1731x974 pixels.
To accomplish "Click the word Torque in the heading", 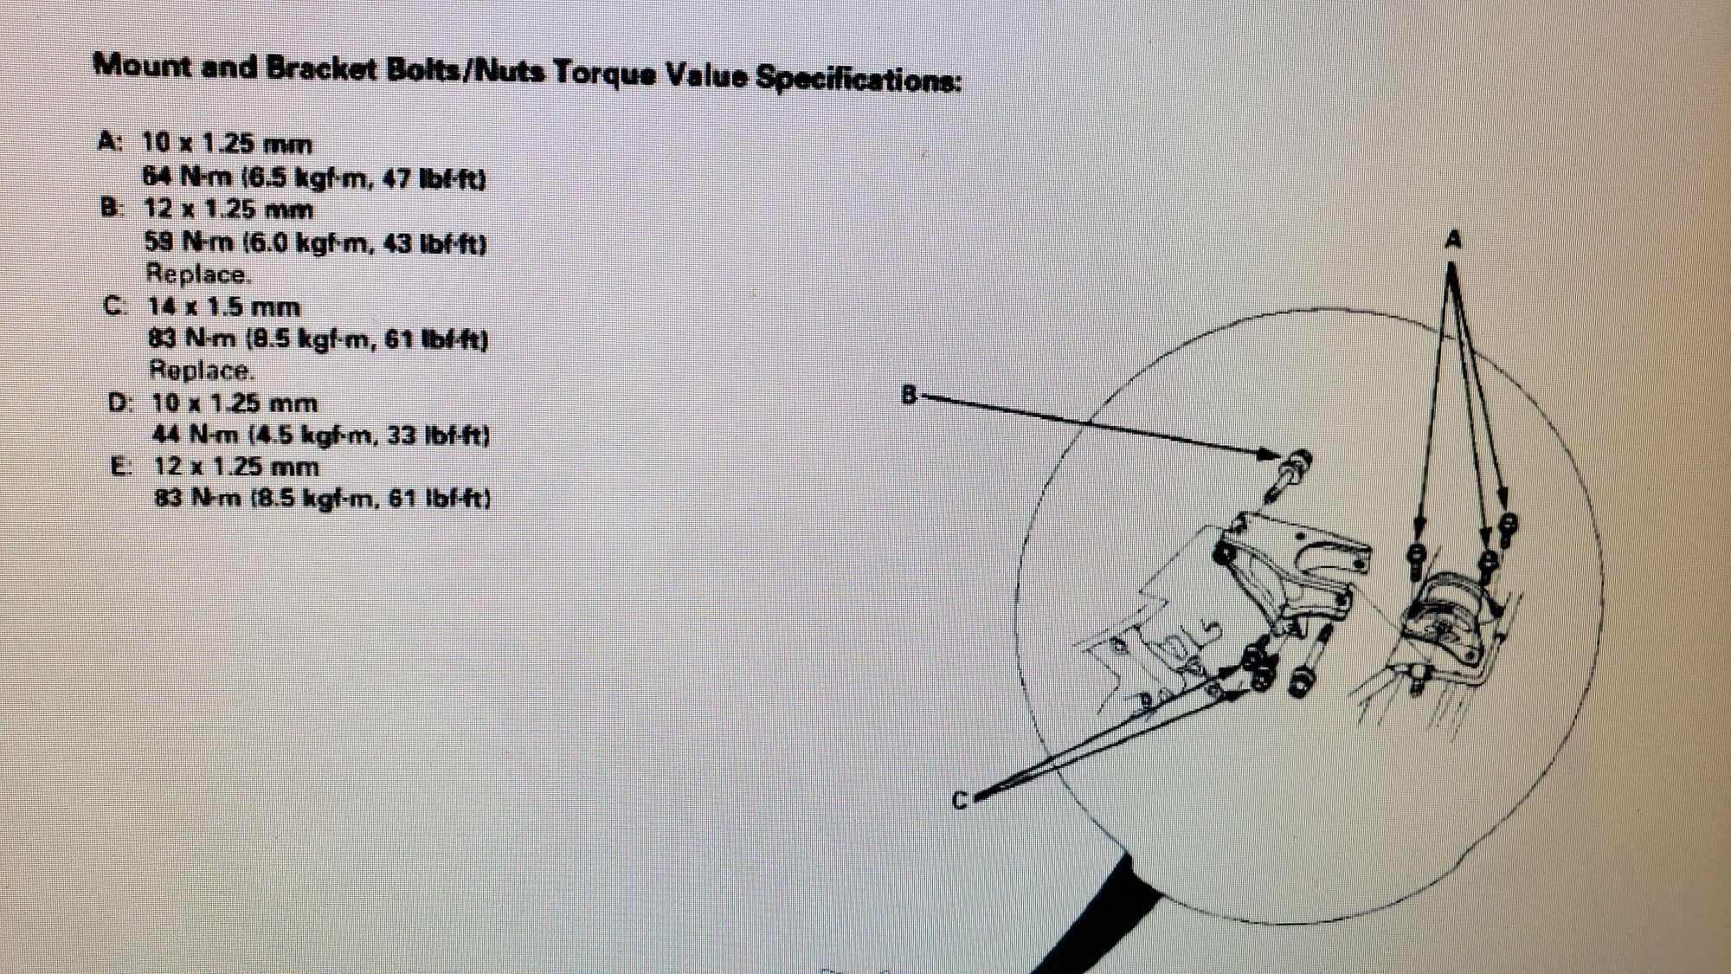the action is coord(602,74).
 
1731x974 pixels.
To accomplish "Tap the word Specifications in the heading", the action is coord(858,79).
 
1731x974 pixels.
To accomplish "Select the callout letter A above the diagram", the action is coord(1453,239).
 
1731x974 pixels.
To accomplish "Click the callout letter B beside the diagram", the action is coord(909,396).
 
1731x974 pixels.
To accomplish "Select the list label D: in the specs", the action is coord(121,403).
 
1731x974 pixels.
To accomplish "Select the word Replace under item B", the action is coord(198,274).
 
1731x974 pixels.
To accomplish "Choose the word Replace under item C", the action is coord(202,371).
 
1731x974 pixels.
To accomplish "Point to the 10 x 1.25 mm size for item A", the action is coord(227,144).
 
